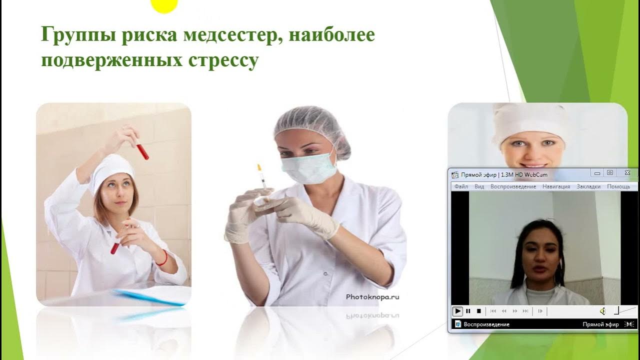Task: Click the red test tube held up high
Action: tap(142, 150)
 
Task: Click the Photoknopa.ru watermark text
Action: tap(372, 296)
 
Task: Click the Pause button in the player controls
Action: tap(468, 311)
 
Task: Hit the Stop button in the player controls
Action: tap(478, 311)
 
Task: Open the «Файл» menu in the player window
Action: tap(461, 186)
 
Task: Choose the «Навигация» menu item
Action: tap(556, 186)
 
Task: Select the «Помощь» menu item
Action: tap(618, 186)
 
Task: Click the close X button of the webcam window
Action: tap(627, 173)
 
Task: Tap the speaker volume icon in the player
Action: tap(602, 311)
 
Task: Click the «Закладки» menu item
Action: tap(588, 186)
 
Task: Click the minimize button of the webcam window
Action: tap(596, 173)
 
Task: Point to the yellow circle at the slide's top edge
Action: tap(164, 5)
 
